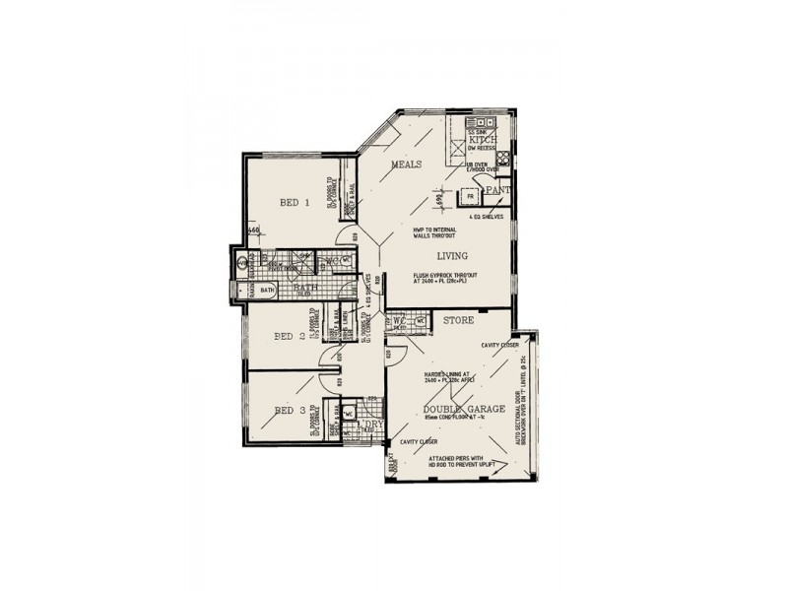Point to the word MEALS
(407, 164)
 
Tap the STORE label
(459, 321)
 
